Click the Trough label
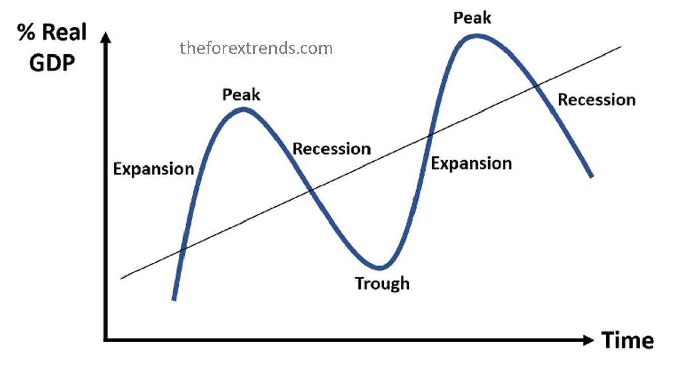[x=382, y=284]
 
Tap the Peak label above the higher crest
[x=472, y=18]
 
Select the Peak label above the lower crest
[x=241, y=95]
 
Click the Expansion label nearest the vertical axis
[x=153, y=169]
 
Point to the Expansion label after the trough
[x=471, y=163]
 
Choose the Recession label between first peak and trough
[x=332, y=149]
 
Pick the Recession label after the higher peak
[x=596, y=100]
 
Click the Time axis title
[x=627, y=340]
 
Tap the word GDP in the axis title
[x=52, y=63]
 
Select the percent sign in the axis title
[x=26, y=32]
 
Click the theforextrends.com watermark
[x=256, y=48]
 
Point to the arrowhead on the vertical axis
[x=106, y=37]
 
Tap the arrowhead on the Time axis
[x=588, y=340]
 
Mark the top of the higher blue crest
[x=477, y=36]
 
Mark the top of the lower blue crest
[x=243, y=109]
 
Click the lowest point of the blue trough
[x=379, y=268]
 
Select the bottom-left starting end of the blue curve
[x=174, y=299]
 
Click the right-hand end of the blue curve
[x=592, y=176]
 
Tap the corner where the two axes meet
[x=106, y=340]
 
